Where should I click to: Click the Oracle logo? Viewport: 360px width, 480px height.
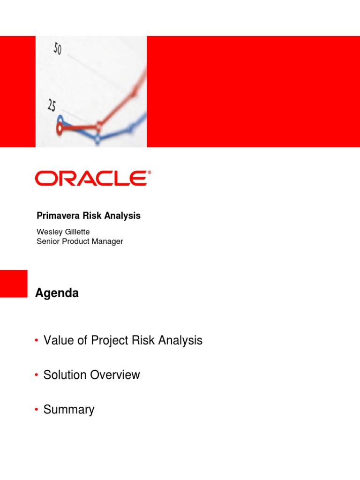pyautogui.click(x=91, y=179)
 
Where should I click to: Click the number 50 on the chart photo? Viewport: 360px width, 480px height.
pyautogui.click(x=57, y=48)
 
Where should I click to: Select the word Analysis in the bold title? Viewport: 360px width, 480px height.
pyautogui.click(x=124, y=216)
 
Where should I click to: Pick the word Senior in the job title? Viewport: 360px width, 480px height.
pyautogui.click(x=47, y=241)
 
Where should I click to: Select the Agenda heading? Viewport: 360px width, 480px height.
pyautogui.click(x=57, y=293)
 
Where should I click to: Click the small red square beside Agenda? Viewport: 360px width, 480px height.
pyautogui.click(x=14, y=284)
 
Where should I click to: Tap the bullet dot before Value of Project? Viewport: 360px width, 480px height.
pyautogui.click(x=37, y=341)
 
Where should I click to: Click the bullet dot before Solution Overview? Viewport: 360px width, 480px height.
pyautogui.click(x=37, y=375)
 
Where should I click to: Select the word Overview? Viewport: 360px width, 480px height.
pyautogui.click(x=118, y=375)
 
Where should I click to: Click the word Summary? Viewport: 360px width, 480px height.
pyautogui.click(x=69, y=410)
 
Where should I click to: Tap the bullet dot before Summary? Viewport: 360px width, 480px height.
pyautogui.click(x=37, y=410)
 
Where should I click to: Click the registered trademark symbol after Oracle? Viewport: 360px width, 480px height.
pyautogui.click(x=150, y=172)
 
